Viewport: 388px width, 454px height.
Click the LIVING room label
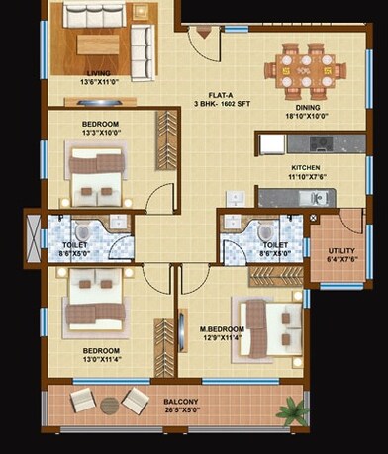(x=98, y=72)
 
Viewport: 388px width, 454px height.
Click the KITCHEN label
(x=306, y=170)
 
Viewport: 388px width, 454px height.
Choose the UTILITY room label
(x=341, y=250)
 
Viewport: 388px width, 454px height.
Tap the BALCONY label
(x=180, y=401)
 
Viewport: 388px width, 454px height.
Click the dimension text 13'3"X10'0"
(x=100, y=134)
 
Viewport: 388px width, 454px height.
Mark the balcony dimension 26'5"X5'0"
(x=180, y=409)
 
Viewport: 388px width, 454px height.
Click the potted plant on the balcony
(x=288, y=406)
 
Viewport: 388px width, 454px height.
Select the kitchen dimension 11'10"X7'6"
(x=306, y=179)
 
